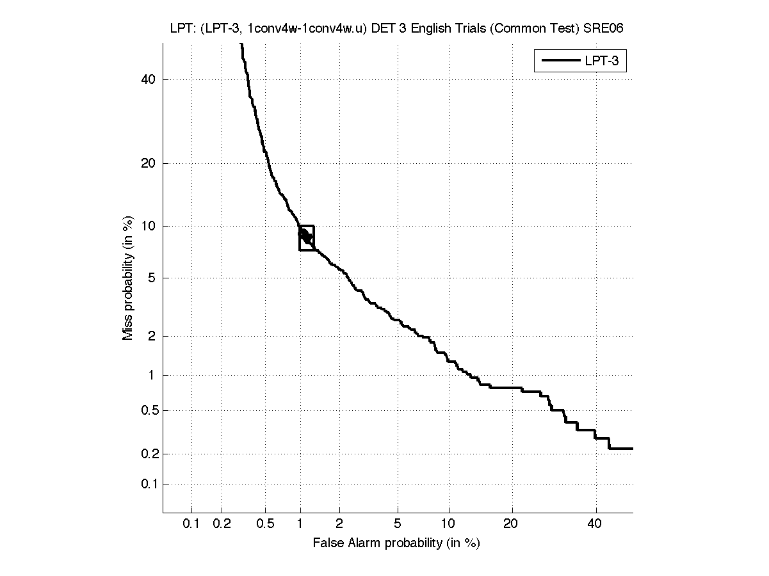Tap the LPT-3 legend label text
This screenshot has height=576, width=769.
click(604, 61)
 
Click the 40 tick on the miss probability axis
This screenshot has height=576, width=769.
click(149, 79)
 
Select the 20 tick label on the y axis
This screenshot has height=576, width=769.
click(149, 163)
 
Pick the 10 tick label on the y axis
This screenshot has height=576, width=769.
click(149, 226)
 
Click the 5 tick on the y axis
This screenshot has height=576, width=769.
click(152, 278)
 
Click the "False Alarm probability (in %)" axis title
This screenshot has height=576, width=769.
click(396, 543)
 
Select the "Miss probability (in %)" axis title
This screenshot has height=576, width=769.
click(128, 278)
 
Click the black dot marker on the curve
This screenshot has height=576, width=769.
click(305, 236)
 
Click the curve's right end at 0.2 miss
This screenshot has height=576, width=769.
click(631, 449)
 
